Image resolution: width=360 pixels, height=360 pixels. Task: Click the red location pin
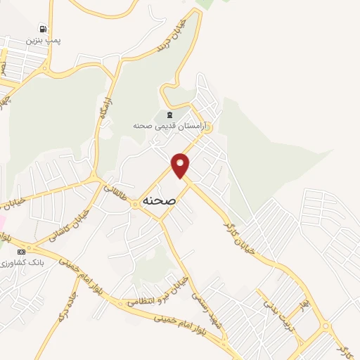point(181,165)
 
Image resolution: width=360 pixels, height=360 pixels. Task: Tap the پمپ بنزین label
point(44,41)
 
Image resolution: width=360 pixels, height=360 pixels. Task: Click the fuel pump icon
point(44,29)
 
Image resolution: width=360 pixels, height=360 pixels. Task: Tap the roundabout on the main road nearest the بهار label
point(325,326)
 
